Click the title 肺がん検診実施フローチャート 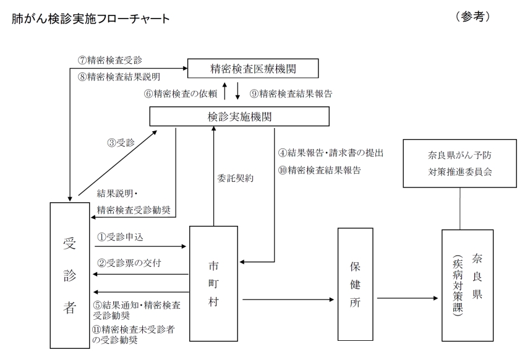pyautogui.click(x=90, y=19)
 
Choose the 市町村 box pyautogui.click(x=213, y=283)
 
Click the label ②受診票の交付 pyautogui.click(x=129, y=263)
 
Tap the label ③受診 pyautogui.click(x=120, y=142)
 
